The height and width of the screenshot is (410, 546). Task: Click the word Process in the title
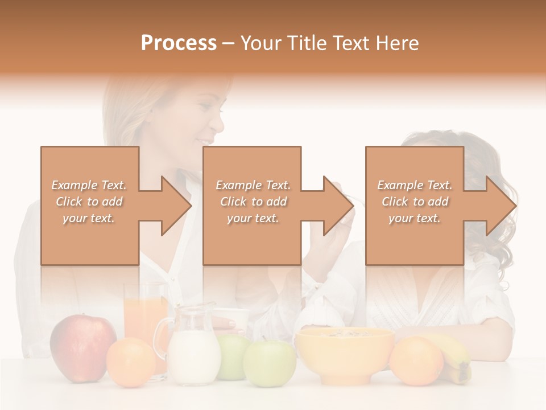(179, 43)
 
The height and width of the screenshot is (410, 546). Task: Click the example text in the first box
(89, 202)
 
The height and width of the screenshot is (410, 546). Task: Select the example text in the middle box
(253, 202)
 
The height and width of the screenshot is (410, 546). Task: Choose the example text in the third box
(415, 202)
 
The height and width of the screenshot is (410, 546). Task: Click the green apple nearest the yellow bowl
(270, 363)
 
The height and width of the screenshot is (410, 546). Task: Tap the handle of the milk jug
(162, 336)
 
